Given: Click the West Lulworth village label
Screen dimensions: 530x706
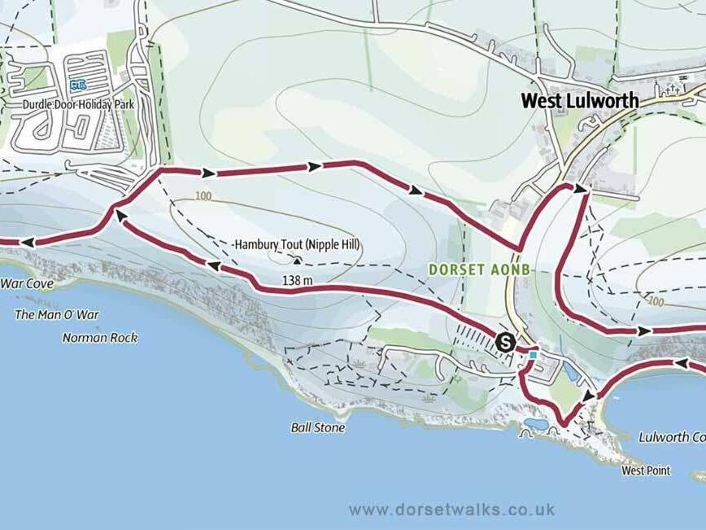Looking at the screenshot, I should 579,101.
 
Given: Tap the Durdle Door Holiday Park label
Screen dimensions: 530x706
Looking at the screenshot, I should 78,104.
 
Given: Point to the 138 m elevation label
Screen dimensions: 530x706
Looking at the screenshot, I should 297,280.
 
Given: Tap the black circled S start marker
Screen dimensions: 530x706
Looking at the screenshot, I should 505,343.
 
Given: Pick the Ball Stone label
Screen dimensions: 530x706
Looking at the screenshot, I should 317,427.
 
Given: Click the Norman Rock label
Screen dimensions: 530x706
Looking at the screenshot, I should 100,338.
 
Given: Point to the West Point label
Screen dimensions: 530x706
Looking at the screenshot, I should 645,471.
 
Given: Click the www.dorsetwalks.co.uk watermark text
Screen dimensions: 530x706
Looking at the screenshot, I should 451,510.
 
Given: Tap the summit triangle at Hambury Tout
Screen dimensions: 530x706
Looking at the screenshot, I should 297,261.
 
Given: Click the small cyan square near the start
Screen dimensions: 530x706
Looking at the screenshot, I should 533,355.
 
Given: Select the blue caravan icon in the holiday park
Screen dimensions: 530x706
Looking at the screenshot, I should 78,84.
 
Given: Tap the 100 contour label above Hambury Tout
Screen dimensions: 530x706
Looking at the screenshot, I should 203,196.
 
